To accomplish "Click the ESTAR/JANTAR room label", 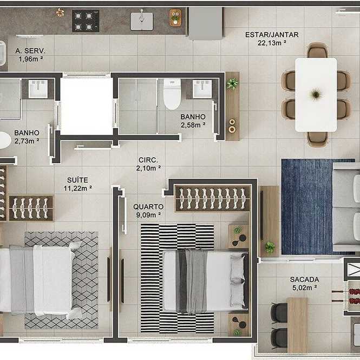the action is click(x=272, y=35).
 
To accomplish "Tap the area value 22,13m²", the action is click(x=272, y=43).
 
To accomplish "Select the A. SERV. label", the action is click(x=30, y=51).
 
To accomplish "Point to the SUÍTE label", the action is click(x=77, y=180).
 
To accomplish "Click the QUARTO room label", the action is click(x=148, y=207).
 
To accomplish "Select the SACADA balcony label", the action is click(x=304, y=279).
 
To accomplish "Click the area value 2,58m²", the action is click(x=193, y=125).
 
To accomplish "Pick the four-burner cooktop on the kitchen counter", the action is click(x=86, y=21).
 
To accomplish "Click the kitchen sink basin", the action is click(x=142, y=21).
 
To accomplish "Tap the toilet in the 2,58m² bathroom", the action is click(x=172, y=94).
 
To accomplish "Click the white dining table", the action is click(x=316, y=95).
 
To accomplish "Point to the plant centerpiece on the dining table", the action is click(x=316, y=94).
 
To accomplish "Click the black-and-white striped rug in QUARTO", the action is click(x=177, y=278).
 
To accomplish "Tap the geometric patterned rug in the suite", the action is click(x=62, y=280).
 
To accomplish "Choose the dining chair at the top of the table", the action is click(x=317, y=50).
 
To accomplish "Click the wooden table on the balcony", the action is click(x=297, y=325).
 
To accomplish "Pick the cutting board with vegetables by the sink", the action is click(x=175, y=17).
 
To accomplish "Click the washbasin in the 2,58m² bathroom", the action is click(x=202, y=89).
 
